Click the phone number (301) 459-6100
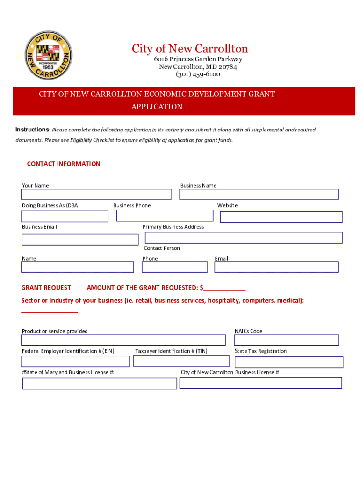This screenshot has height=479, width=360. pyautogui.click(x=198, y=74)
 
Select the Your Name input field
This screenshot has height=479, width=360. pyautogui.click(x=96, y=194)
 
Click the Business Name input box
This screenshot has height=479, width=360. pyautogui.click(x=259, y=194)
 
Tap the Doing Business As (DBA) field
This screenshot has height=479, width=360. pyautogui.click(x=65, y=216)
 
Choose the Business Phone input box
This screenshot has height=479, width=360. pyautogui.click(x=165, y=216)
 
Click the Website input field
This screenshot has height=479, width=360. pyautogui.click(x=281, y=217)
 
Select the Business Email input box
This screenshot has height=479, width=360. pyautogui.click(x=80, y=239)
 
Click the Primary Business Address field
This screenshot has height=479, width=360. pyautogui.click(x=244, y=238)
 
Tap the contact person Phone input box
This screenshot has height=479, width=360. pyautogui.click(x=174, y=267)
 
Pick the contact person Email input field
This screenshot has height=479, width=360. pyautogui.click(x=276, y=267)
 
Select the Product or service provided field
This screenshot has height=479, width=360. pyautogui.click(x=123, y=340)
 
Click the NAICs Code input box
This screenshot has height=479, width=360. pyautogui.click(x=286, y=340)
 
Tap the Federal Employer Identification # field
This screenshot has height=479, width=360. pyautogui.click(x=75, y=361)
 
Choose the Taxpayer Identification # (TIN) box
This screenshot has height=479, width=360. pyautogui.click(x=181, y=361)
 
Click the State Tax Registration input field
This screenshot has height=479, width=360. pyautogui.click(x=288, y=362)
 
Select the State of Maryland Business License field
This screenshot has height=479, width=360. pyautogui.click(x=100, y=384)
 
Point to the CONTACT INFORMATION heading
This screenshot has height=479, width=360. pyautogui.click(x=64, y=164)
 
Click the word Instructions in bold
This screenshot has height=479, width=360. pyautogui.click(x=32, y=130)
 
